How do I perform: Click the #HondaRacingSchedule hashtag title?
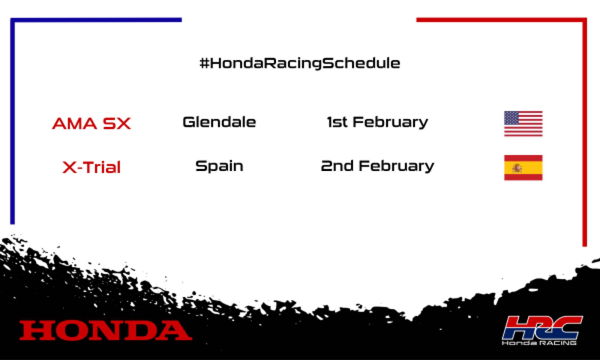point(300,63)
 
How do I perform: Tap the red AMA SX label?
point(91,123)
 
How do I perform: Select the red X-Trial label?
point(91,167)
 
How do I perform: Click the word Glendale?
point(219,122)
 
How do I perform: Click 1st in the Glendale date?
point(337,122)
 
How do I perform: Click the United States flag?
point(523,124)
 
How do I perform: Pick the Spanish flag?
point(523,168)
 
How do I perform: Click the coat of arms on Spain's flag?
point(517,168)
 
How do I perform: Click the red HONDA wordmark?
point(106,330)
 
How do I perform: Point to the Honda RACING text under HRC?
point(539,342)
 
